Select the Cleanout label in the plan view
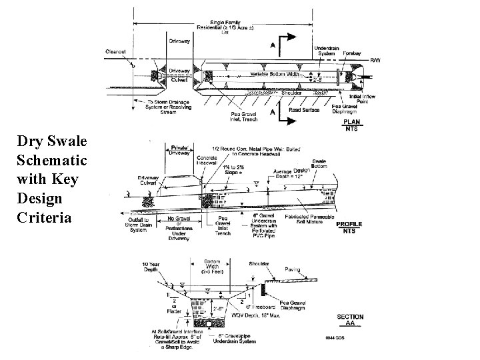coord(119,51)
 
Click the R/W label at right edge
coord(375,61)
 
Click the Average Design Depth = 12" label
coord(292,173)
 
